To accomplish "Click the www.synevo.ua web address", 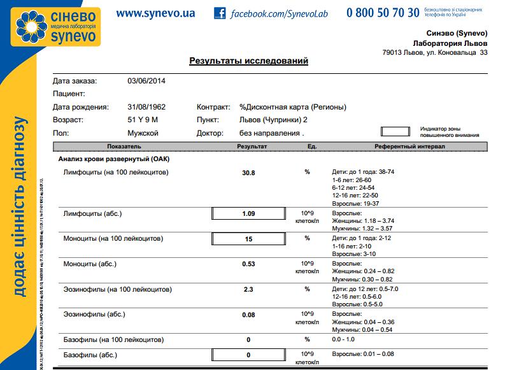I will pyautogui.click(x=155, y=13).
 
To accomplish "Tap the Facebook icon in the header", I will pyautogui.click(x=220, y=13).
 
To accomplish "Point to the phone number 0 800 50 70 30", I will pyautogui.click(x=383, y=13).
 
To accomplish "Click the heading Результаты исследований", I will pyautogui.click(x=249, y=61).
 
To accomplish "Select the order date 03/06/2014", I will pyautogui.click(x=146, y=81).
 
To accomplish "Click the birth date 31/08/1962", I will pyautogui.click(x=146, y=107).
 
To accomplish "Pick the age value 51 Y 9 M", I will pyautogui.click(x=143, y=120).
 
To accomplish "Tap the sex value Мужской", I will pyautogui.click(x=143, y=133).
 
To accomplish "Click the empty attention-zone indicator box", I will pyautogui.click(x=395, y=132).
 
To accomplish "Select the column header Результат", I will pyautogui.click(x=252, y=146).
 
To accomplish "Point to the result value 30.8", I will pyautogui.click(x=248, y=173).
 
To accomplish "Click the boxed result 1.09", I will pyautogui.click(x=248, y=213).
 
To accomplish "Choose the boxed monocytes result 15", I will pyautogui.click(x=248, y=239).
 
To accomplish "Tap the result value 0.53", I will pyautogui.click(x=248, y=264).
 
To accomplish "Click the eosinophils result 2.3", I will pyautogui.click(x=248, y=289).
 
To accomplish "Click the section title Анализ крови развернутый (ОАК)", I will pyautogui.click(x=113, y=159).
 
